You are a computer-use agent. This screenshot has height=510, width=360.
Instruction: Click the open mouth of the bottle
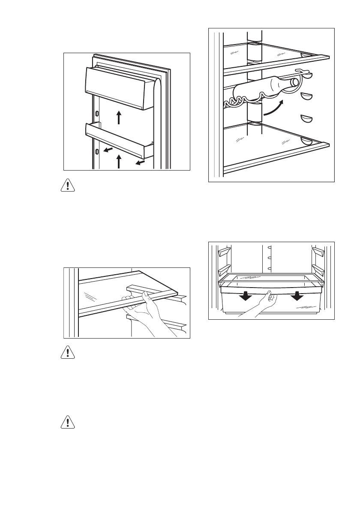coord(295,82)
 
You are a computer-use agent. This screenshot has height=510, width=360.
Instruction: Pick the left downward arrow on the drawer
coord(246,296)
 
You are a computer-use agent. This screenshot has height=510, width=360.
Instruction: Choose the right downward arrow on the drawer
coord(295,296)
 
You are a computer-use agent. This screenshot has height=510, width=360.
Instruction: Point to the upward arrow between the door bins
coord(119,116)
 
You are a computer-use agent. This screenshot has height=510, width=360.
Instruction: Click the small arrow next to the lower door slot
coord(110,150)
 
